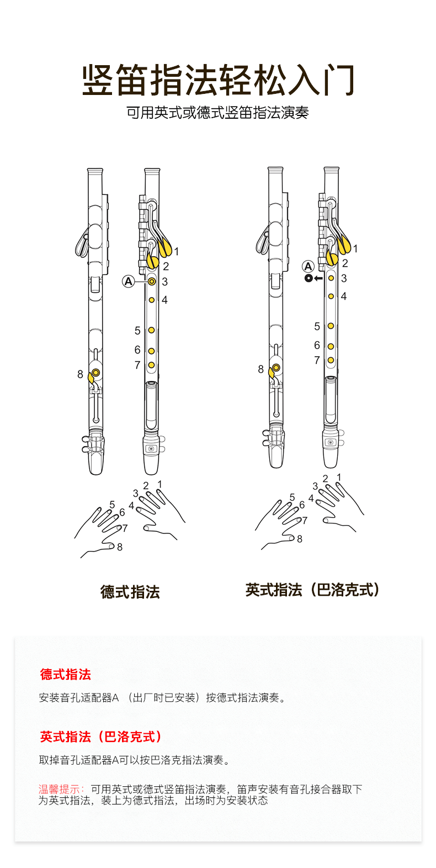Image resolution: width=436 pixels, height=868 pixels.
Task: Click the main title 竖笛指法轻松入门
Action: pyautogui.click(x=218, y=81)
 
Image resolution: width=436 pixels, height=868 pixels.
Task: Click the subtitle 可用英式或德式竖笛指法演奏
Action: pyautogui.click(x=217, y=113)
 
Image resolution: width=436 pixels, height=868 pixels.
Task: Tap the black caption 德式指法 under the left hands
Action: pyautogui.click(x=130, y=592)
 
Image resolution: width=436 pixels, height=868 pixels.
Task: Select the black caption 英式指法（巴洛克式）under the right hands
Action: pyautogui.click(x=313, y=590)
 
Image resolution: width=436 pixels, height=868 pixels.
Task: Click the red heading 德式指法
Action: pyautogui.click(x=66, y=674)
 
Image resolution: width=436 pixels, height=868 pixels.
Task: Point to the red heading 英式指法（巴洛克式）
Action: pyautogui.click(x=101, y=737)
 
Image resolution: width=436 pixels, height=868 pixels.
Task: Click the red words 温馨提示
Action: pyautogui.click(x=60, y=789)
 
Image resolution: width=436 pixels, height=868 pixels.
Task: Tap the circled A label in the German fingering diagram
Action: pyautogui.click(x=129, y=282)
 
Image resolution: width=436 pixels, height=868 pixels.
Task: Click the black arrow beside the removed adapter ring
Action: pyautogui.click(x=318, y=278)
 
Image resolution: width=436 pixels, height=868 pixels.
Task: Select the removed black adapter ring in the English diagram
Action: pyautogui.click(x=308, y=278)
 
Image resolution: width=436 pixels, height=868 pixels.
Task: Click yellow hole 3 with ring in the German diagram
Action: pyautogui.click(x=151, y=282)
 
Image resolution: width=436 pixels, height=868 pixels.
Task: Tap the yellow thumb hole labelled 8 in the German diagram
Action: pyautogui.click(x=96, y=373)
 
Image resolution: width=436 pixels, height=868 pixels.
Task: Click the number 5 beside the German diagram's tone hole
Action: pyautogui.click(x=137, y=331)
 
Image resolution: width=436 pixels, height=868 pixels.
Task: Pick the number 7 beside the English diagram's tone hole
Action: pyautogui.click(x=317, y=361)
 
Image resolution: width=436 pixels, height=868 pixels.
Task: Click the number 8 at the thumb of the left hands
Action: pyautogui.click(x=120, y=547)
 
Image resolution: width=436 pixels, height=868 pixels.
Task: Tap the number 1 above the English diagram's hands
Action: pyautogui.click(x=339, y=478)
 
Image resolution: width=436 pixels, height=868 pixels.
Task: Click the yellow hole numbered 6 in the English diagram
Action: pyautogui.click(x=331, y=347)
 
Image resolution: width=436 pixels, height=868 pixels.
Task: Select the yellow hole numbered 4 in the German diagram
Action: pyautogui.click(x=151, y=300)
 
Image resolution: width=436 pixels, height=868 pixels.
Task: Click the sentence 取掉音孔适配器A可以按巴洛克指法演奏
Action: pyautogui.click(x=134, y=760)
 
